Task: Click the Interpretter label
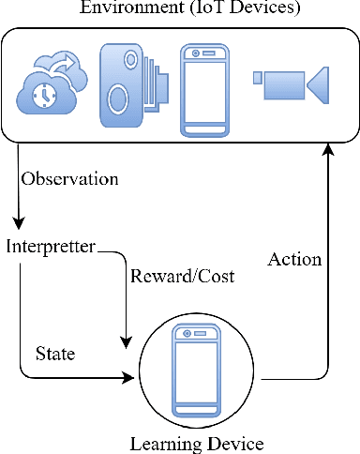50,247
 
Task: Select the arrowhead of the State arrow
130,379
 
